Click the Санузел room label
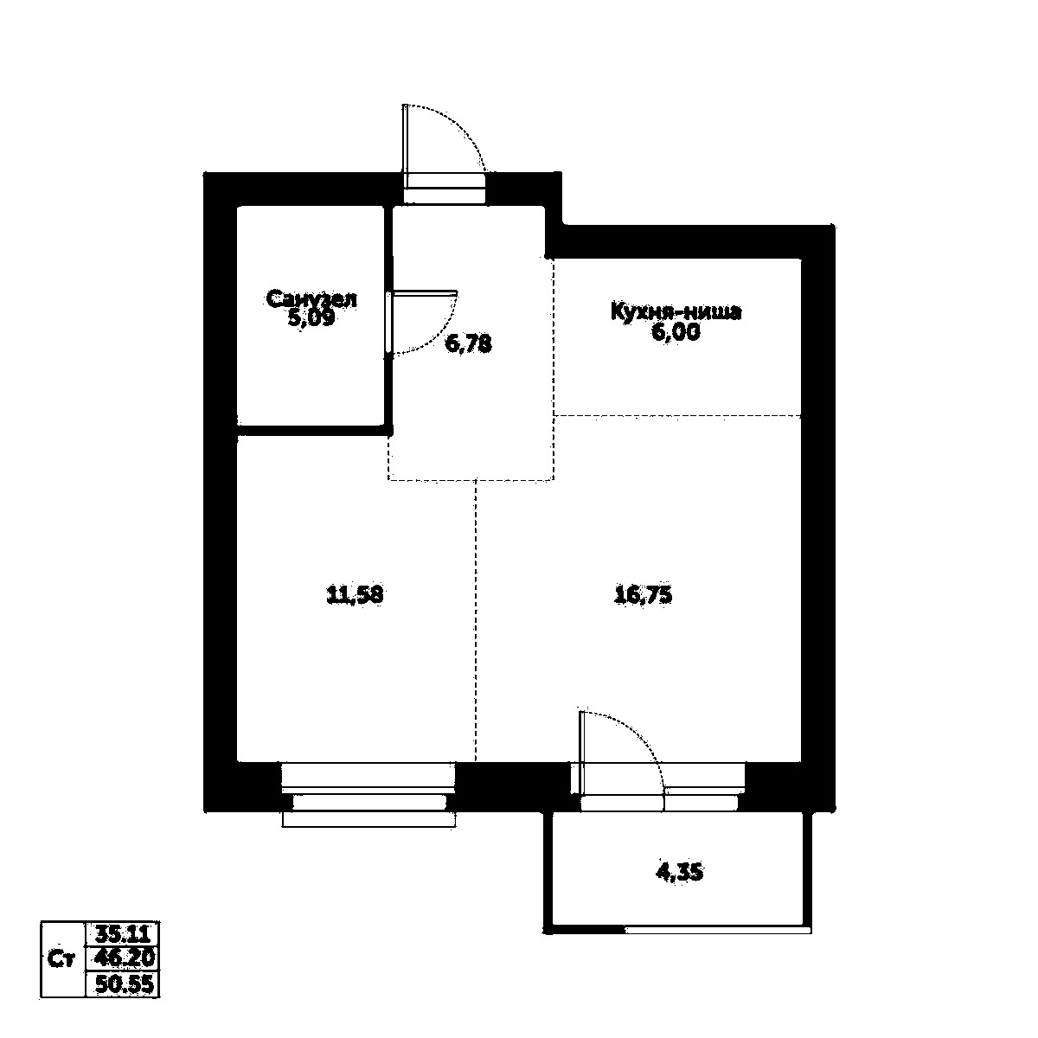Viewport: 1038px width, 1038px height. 311,299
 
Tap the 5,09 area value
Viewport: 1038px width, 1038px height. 311,318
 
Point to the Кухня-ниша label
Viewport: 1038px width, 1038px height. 676,311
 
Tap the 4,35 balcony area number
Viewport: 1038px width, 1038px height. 679,873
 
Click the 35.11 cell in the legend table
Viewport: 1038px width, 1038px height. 122,934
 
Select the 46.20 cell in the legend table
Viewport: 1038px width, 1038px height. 122,959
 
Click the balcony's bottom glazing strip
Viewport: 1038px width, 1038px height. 718,931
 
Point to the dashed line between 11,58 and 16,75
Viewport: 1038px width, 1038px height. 476,623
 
